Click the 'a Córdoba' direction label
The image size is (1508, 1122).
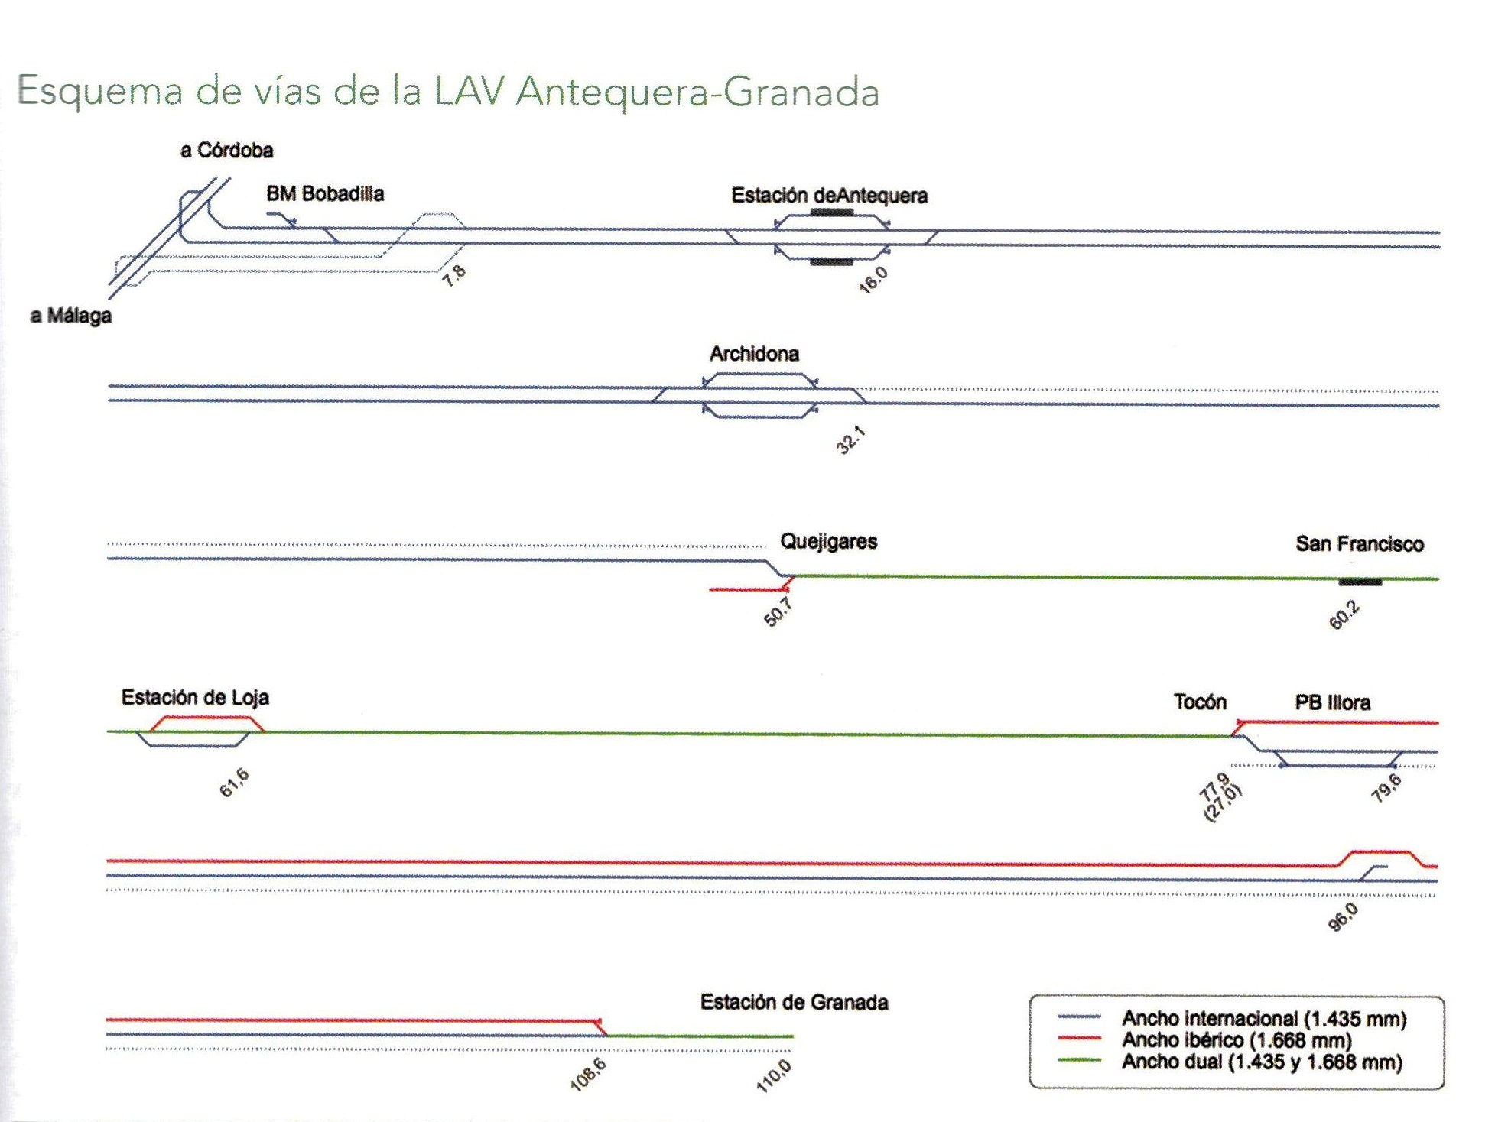click(226, 151)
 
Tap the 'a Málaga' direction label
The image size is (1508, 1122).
click(70, 316)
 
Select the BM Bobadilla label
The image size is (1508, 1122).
click(325, 193)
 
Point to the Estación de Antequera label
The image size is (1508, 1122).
click(830, 196)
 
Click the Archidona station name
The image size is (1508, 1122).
click(754, 354)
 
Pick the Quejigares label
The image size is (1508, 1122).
click(828, 542)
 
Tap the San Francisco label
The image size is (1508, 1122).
click(1360, 544)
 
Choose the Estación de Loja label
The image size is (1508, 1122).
click(195, 697)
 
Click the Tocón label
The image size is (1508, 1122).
click(1200, 702)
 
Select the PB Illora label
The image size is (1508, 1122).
click(1332, 702)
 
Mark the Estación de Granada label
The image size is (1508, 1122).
click(794, 1002)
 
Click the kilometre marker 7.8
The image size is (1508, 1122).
click(453, 275)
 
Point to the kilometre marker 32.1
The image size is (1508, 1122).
click(850, 440)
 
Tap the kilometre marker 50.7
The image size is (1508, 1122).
click(778, 612)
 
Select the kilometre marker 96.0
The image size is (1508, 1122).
click(1343, 917)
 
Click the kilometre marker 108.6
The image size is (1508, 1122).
click(588, 1075)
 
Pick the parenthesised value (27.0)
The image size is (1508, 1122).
click(1224, 803)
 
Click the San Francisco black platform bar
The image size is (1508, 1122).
click(1360, 582)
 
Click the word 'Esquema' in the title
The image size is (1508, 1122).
click(100, 92)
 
